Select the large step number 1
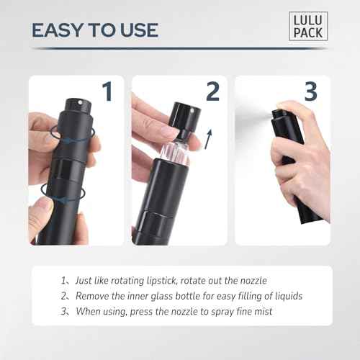pos(107,91)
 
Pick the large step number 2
pos(212,91)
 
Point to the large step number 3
pos(310,91)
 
